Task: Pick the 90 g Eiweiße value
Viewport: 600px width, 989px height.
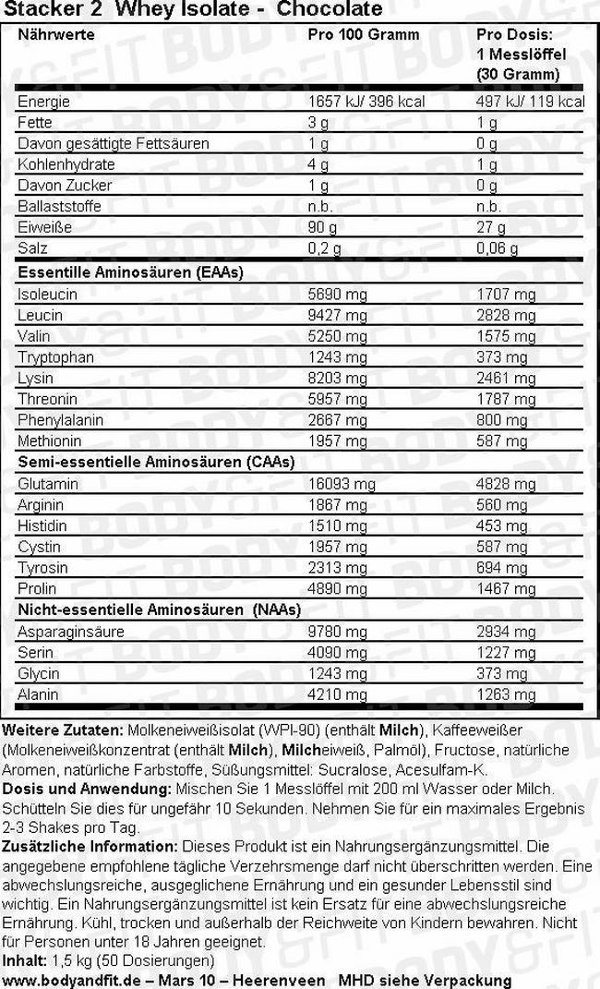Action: (319, 228)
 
